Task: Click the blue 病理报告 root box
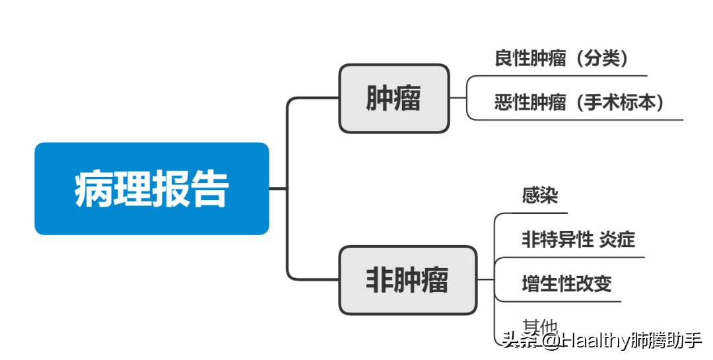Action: tap(152, 189)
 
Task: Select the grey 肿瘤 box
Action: tap(393, 98)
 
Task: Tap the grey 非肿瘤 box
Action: tap(407, 280)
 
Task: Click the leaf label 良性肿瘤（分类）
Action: tap(561, 59)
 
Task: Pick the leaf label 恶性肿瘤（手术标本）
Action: tap(579, 103)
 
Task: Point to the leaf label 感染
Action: tap(540, 196)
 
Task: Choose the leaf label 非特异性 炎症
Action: tap(578, 240)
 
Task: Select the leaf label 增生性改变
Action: tap(566, 283)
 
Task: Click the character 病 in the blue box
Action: tap(93, 190)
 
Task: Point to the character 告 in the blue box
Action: tap(210, 190)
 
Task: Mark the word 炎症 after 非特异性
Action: tap(617, 240)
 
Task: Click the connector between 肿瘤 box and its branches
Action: tap(458, 98)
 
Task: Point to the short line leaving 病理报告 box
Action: tap(278, 189)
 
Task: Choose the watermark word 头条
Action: tap(520, 340)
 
